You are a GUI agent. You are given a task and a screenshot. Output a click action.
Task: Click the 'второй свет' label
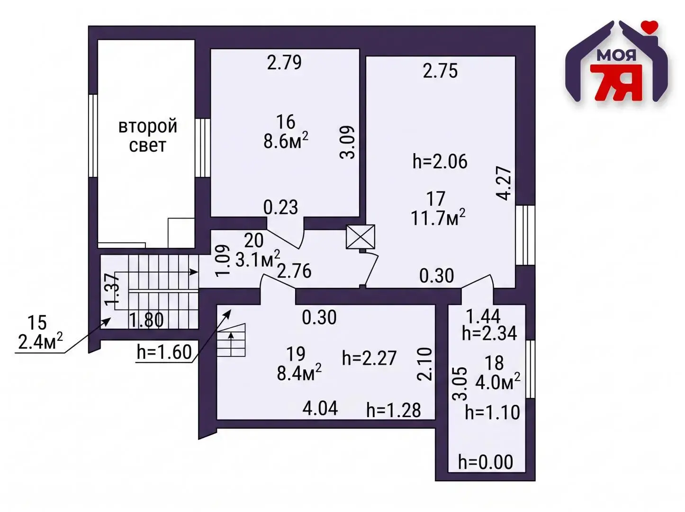[x=148, y=136]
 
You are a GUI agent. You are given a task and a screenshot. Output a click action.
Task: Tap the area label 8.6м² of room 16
[x=286, y=141]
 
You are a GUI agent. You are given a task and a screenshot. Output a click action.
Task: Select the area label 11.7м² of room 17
[x=438, y=217]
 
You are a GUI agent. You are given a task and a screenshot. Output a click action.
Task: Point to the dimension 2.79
[x=284, y=62]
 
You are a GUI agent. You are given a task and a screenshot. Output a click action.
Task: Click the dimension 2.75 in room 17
[x=440, y=71]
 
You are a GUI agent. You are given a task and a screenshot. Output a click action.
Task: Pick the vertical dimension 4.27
[x=504, y=183]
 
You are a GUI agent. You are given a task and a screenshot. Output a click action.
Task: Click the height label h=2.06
[x=440, y=162]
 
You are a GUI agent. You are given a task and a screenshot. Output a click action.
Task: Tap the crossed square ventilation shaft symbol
[x=361, y=237]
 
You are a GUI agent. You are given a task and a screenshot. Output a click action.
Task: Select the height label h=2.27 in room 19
[x=369, y=358]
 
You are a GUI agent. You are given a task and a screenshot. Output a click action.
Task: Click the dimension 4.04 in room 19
[x=320, y=408]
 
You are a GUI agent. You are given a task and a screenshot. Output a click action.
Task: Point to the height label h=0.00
[x=486, y=462]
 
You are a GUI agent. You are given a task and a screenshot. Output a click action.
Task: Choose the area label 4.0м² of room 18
[x=497, y=383]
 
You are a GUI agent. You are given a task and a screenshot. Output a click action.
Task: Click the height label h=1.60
[x=164, y=352]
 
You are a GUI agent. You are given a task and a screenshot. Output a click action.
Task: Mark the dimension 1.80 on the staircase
[x=146, y=320]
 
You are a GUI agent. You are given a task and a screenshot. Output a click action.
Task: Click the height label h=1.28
[x=394, y=411]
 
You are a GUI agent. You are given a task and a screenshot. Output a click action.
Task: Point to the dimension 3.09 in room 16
[x=347, y=142]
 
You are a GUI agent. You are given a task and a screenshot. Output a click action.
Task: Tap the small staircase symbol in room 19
[x=231, y=340]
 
